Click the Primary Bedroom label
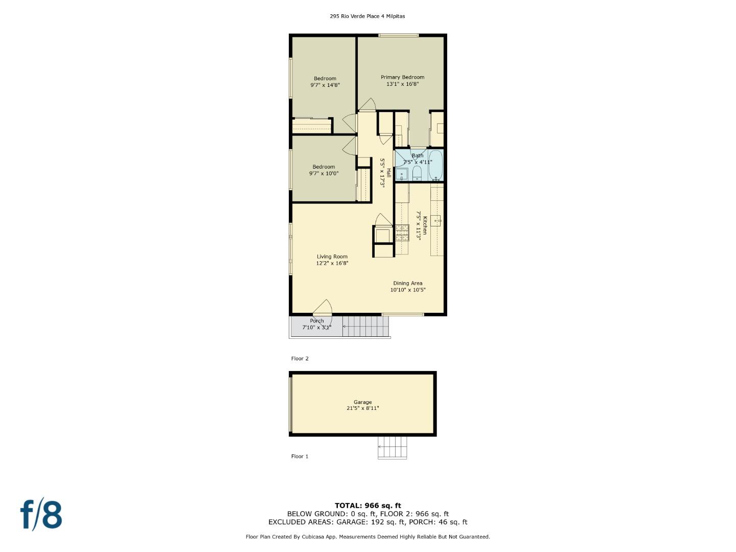point(402,77)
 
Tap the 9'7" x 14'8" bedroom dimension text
point(325,85)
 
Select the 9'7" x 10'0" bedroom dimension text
point(324,174)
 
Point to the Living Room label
point(332,257)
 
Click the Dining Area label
point(407,283)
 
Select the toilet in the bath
point(417,173)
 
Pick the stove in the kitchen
point(402,233)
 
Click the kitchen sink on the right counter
point(436,221)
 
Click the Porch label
point(316,321)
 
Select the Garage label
point(362,402)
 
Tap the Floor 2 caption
point(300,359)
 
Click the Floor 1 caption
point(300,456)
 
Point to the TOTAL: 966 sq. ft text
point(367,505)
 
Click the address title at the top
point(367,16)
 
